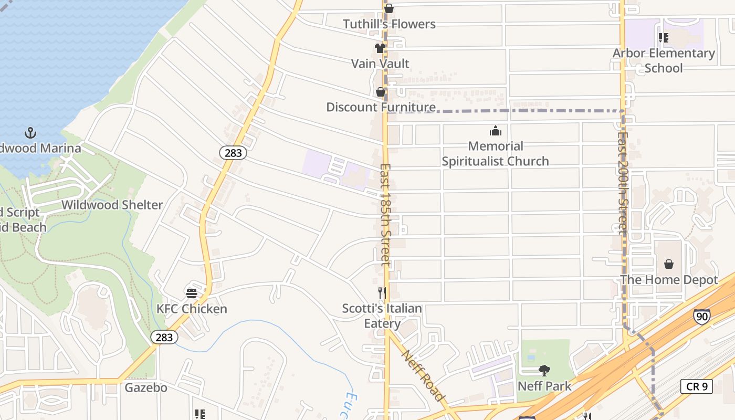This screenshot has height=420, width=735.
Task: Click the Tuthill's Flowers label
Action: pos(389,24)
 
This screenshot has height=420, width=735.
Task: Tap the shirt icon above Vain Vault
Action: pos(380,48)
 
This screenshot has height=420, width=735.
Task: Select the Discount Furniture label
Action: pos(381,107)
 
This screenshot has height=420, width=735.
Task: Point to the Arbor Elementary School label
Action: pos(664,60)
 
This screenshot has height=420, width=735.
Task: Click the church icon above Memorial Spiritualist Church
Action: pos(495,131)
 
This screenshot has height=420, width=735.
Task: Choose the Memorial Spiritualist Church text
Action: pos(495,153)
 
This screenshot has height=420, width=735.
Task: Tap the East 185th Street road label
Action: pos(386,215)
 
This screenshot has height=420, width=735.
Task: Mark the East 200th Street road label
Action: pos(623,182)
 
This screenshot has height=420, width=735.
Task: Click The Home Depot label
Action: pos(669,280)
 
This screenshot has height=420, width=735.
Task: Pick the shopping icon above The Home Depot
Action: pos(669,264)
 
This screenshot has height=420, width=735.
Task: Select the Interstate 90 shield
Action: pos(701,316)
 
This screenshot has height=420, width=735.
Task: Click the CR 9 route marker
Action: pos(697,386)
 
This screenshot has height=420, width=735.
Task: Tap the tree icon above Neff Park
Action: pos(544,371)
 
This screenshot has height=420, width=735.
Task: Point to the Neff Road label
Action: pos(423,375)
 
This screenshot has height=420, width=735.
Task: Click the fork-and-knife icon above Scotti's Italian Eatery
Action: pos(382,293)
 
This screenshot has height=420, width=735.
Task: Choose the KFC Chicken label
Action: pos(192,309)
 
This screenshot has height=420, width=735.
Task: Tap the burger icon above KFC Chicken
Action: pos(192,293)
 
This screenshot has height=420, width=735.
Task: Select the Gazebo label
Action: pos(146,388)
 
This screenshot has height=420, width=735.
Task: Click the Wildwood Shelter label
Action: pos(112,205)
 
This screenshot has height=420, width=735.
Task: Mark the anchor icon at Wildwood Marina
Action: pos(30,132)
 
